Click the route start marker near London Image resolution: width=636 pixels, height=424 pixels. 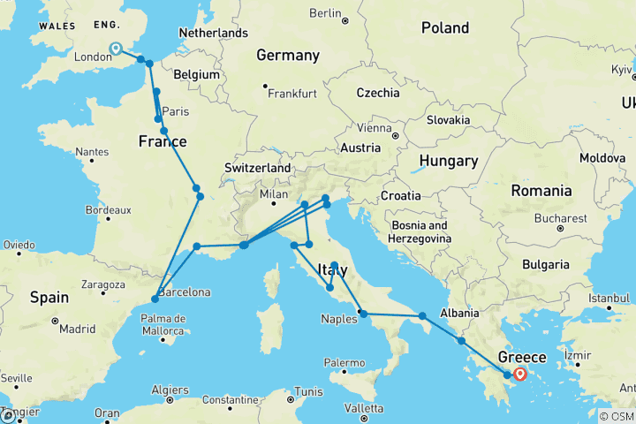pos(116,49)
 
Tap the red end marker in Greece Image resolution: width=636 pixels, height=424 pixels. pos(519,375)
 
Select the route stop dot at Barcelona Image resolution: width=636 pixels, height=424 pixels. pos(155,299)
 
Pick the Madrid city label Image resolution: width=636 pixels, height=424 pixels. pos(79,329)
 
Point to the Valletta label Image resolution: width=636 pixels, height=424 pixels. pos(364,408)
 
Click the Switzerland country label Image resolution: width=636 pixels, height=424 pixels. pos(258,168)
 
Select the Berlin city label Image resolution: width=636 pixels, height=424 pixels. pos(325,13)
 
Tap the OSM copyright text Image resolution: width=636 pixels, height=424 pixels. pos(615,416)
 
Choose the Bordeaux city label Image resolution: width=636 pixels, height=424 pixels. pos(110,210)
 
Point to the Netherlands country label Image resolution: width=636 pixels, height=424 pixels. pos(213,33)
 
